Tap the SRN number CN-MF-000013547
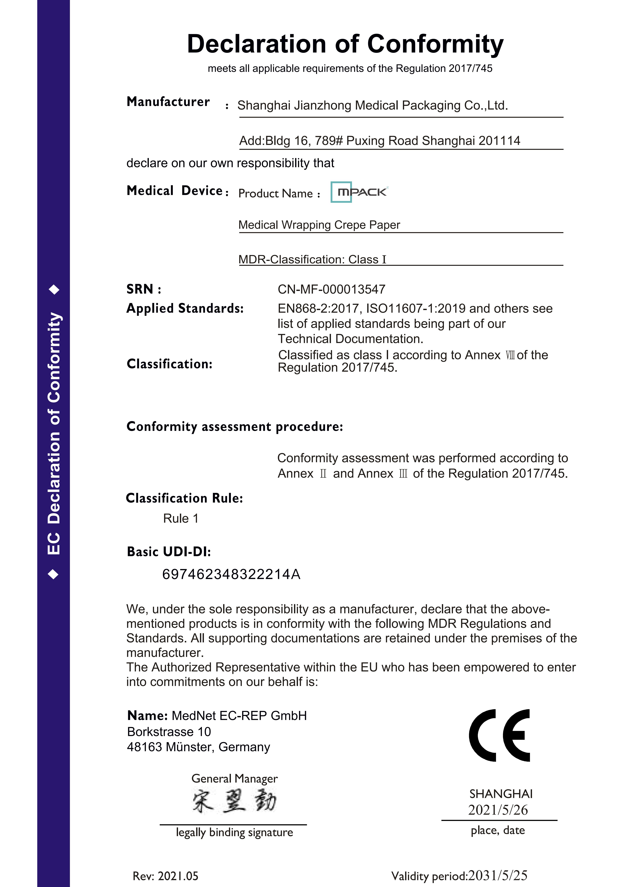click(331, 289)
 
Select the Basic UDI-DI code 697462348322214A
click(231, 574)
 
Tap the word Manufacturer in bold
click(168, 102)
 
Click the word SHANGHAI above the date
click(501, 794)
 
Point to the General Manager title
click(234, 778)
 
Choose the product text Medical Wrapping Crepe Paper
click(319, 225)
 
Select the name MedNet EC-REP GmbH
click(239, 716)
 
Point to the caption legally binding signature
click(234, 832)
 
